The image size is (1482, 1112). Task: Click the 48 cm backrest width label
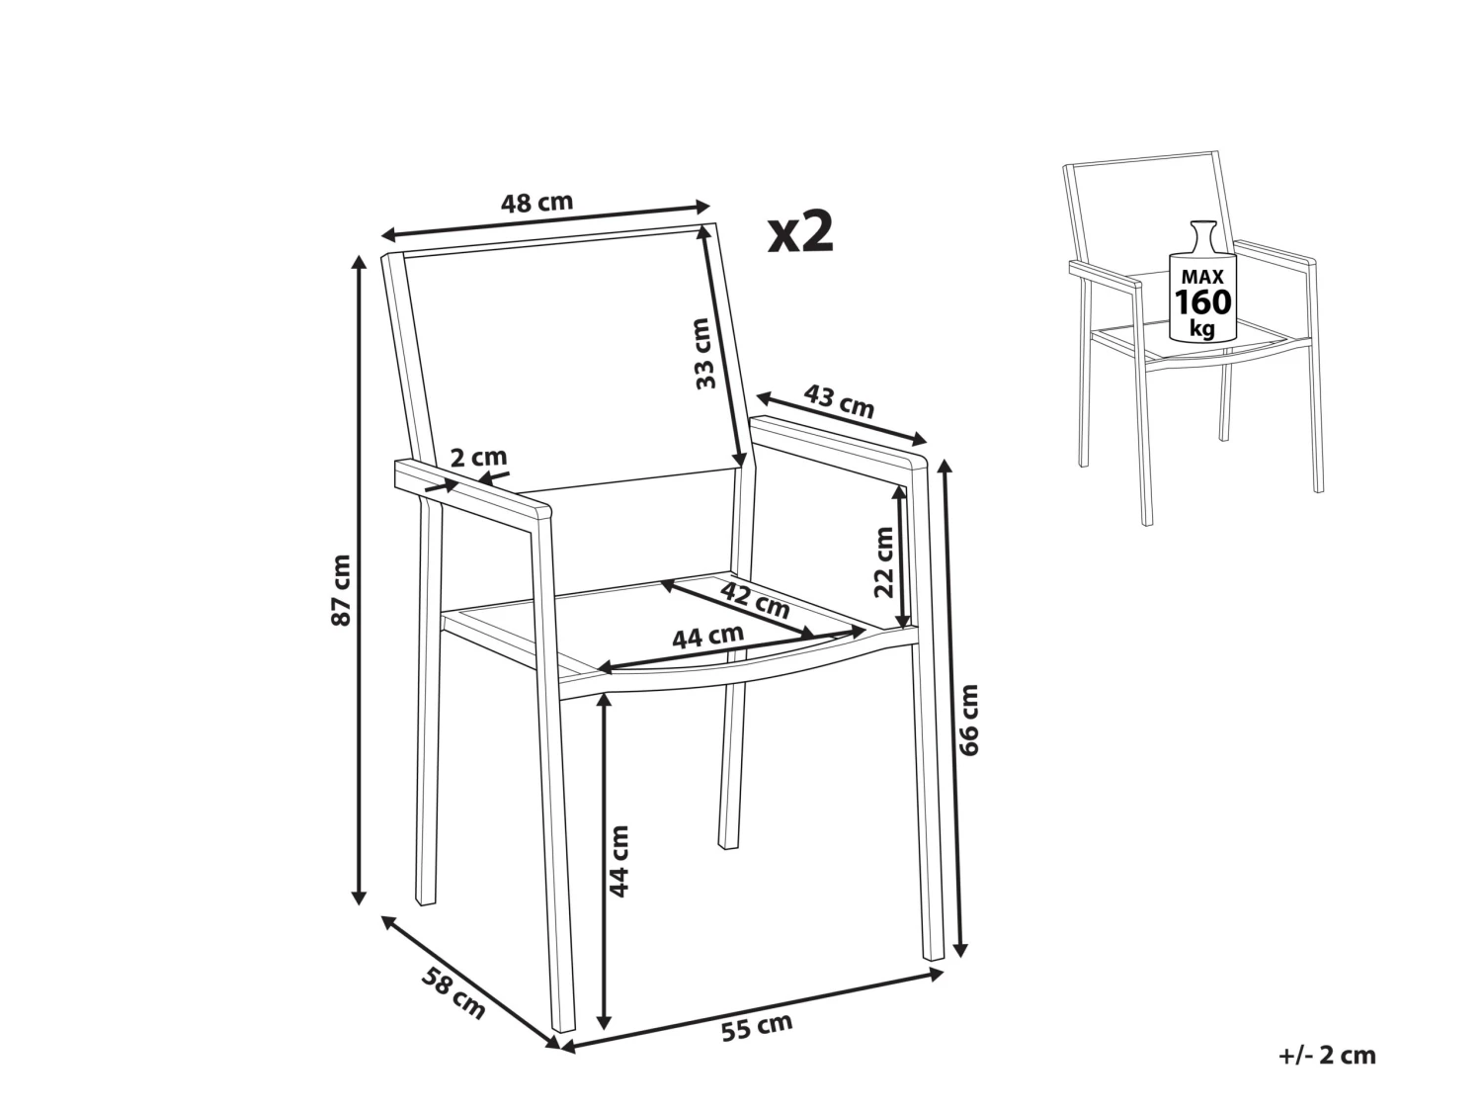[x=536, y=203]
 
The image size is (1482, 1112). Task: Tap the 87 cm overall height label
[x=341, y=590]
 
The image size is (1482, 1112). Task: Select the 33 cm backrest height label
[x=704, y=352]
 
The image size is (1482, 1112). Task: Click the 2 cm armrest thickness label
[x=478, y=457]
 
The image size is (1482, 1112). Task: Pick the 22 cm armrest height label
[x=883, y=561]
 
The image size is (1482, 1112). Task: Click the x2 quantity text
[x=801, y=233]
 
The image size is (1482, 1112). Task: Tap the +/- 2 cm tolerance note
[x=1327, y=1055]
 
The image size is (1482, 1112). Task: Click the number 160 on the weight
[x=1202, y=301]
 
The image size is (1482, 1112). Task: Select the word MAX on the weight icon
[x=1202, y=276]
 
